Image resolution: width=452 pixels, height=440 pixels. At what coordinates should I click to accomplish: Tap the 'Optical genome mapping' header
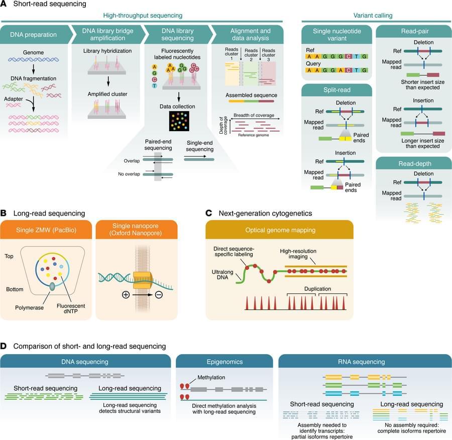(280, 230)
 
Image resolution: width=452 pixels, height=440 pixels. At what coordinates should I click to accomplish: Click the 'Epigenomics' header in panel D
(224, 362)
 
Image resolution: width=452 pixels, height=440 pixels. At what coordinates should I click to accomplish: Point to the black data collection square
(179, 121)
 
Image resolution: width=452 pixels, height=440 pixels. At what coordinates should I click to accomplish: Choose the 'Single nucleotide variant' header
(337, 35)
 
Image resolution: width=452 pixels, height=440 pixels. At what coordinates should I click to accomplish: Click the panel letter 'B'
(4, 213)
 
